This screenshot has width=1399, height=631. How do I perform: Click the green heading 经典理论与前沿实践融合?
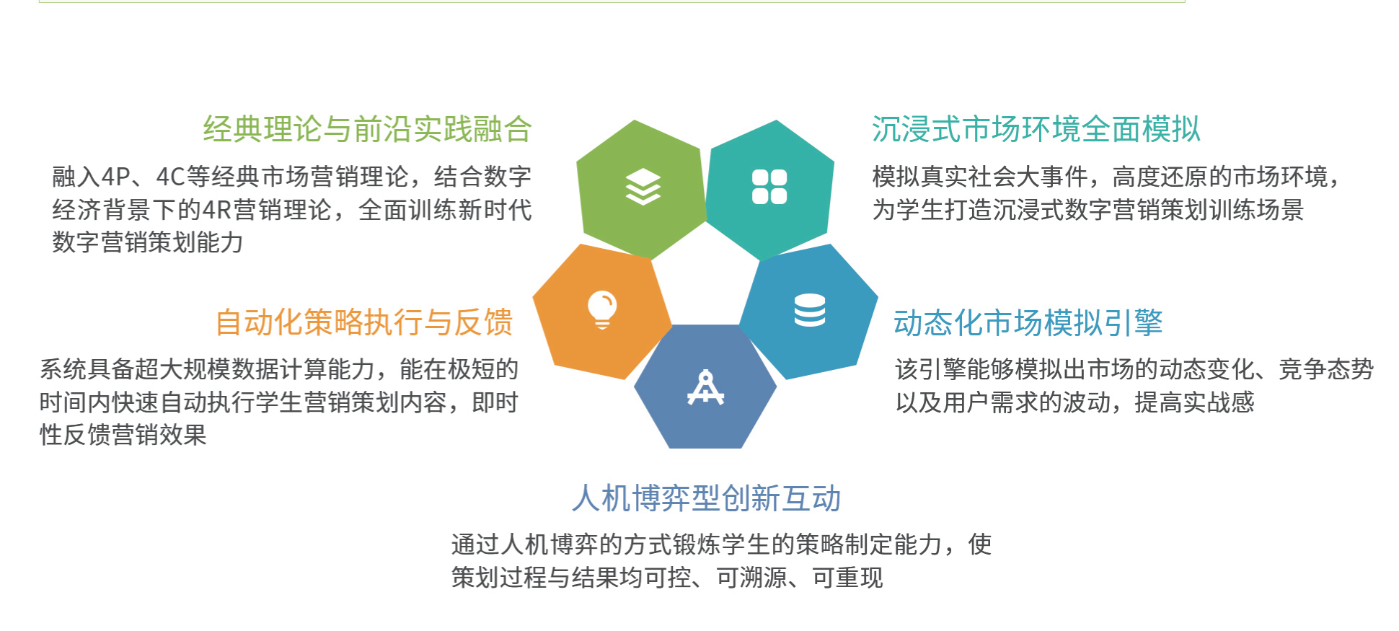(x=368, y=130)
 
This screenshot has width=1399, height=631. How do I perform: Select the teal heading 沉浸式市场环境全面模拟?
(x=1036, y=130)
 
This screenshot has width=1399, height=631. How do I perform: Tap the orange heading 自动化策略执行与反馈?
(x=364, y=322)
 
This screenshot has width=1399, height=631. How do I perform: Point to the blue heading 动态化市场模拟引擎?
(x=1028, y=322)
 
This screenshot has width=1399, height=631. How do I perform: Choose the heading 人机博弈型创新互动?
(x=707, y=498)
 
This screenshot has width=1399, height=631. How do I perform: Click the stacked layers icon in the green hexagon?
(x=643, y=187)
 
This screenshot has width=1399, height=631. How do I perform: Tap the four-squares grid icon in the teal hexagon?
(x=769, y=187)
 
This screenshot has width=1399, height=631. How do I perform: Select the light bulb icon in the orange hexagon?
(x=602, y=310)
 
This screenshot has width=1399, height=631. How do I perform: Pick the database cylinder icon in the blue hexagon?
(x=810, y=310)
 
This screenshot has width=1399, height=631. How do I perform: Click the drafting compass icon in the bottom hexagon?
(x=705, y=387)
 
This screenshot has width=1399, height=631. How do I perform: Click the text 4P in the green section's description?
(x=115, y=177)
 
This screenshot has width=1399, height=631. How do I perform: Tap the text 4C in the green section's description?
(x=171, y=177)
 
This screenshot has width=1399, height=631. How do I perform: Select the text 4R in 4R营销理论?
(x=216, y=210)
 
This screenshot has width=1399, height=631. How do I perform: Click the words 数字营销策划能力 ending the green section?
(x=148, y=242)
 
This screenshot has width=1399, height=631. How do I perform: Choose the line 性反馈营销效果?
(x=123, y=435)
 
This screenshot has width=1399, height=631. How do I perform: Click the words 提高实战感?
(x=1194, y=402)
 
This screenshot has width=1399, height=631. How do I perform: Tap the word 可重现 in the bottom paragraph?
(x=847, y=578)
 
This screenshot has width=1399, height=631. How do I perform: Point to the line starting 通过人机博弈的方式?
(x=722, y=544)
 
